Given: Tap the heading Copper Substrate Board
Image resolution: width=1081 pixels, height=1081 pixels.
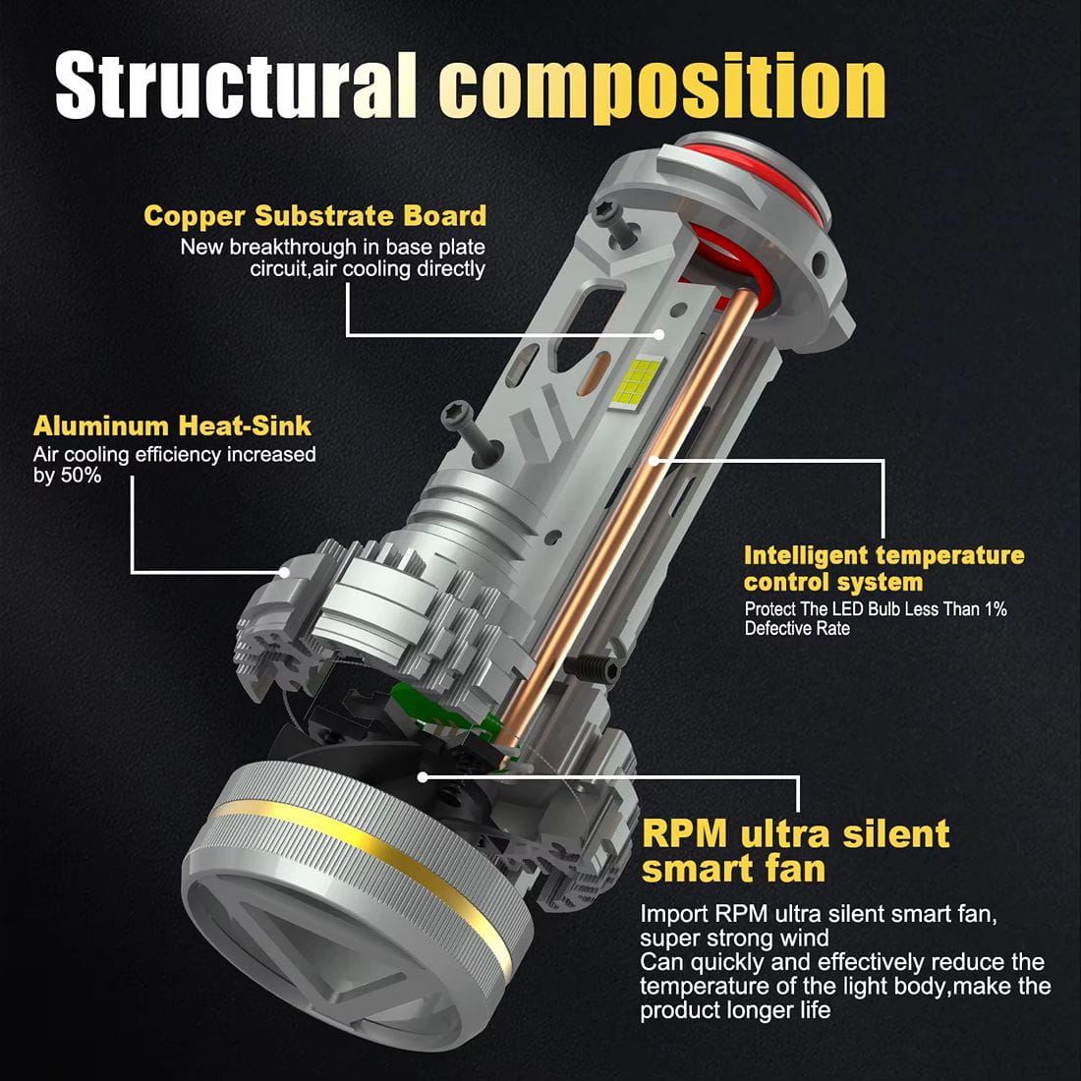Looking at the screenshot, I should tap(314, 216).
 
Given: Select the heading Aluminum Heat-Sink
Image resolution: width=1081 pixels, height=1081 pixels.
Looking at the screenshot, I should tap(172, 427).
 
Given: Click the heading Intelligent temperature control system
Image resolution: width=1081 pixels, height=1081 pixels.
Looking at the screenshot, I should tap(883, 569).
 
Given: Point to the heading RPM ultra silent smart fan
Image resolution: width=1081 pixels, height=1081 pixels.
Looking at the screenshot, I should tap(795, 851).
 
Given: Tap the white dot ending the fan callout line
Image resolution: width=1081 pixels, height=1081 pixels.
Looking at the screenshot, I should tap(423, 776).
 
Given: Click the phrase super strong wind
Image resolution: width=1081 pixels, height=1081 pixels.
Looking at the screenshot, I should tap(734, 939).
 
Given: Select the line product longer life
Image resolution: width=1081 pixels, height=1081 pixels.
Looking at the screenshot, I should tap(735, 1010).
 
